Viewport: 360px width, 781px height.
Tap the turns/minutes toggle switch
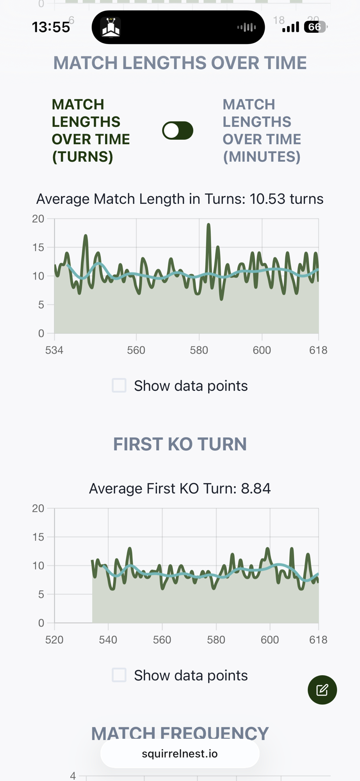(x=178, y=130)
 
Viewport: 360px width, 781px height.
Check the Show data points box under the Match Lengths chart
(x=119, y=385)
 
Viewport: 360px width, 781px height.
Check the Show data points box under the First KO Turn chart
(x=119, y=675)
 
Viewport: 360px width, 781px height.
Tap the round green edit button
(x=322, y=690)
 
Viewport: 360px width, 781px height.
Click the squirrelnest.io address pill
(x=180, y=754)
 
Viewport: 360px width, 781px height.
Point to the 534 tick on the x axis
(x=54, y=350)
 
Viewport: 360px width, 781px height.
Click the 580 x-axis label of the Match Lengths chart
(x=199, y=350)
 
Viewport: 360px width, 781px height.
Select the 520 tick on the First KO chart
(x=54, y=640)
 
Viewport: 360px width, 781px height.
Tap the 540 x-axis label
(x=108, y=640)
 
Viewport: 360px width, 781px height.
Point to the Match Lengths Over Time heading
(x=180, y=63)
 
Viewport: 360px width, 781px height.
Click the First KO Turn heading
(x=180, y=444)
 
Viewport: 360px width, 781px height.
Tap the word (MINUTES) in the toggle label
(x=262, y=157)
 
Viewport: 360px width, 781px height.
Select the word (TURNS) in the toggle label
(x=83, y=157)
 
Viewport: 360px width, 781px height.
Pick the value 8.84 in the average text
(x=256, y=489)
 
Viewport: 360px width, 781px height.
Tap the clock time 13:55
(x=51, y=27)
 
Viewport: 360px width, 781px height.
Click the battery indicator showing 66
(x=315, y=27)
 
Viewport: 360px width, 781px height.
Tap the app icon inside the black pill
(x=111, y=27)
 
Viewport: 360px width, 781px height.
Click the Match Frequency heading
(x=180, y=733)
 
